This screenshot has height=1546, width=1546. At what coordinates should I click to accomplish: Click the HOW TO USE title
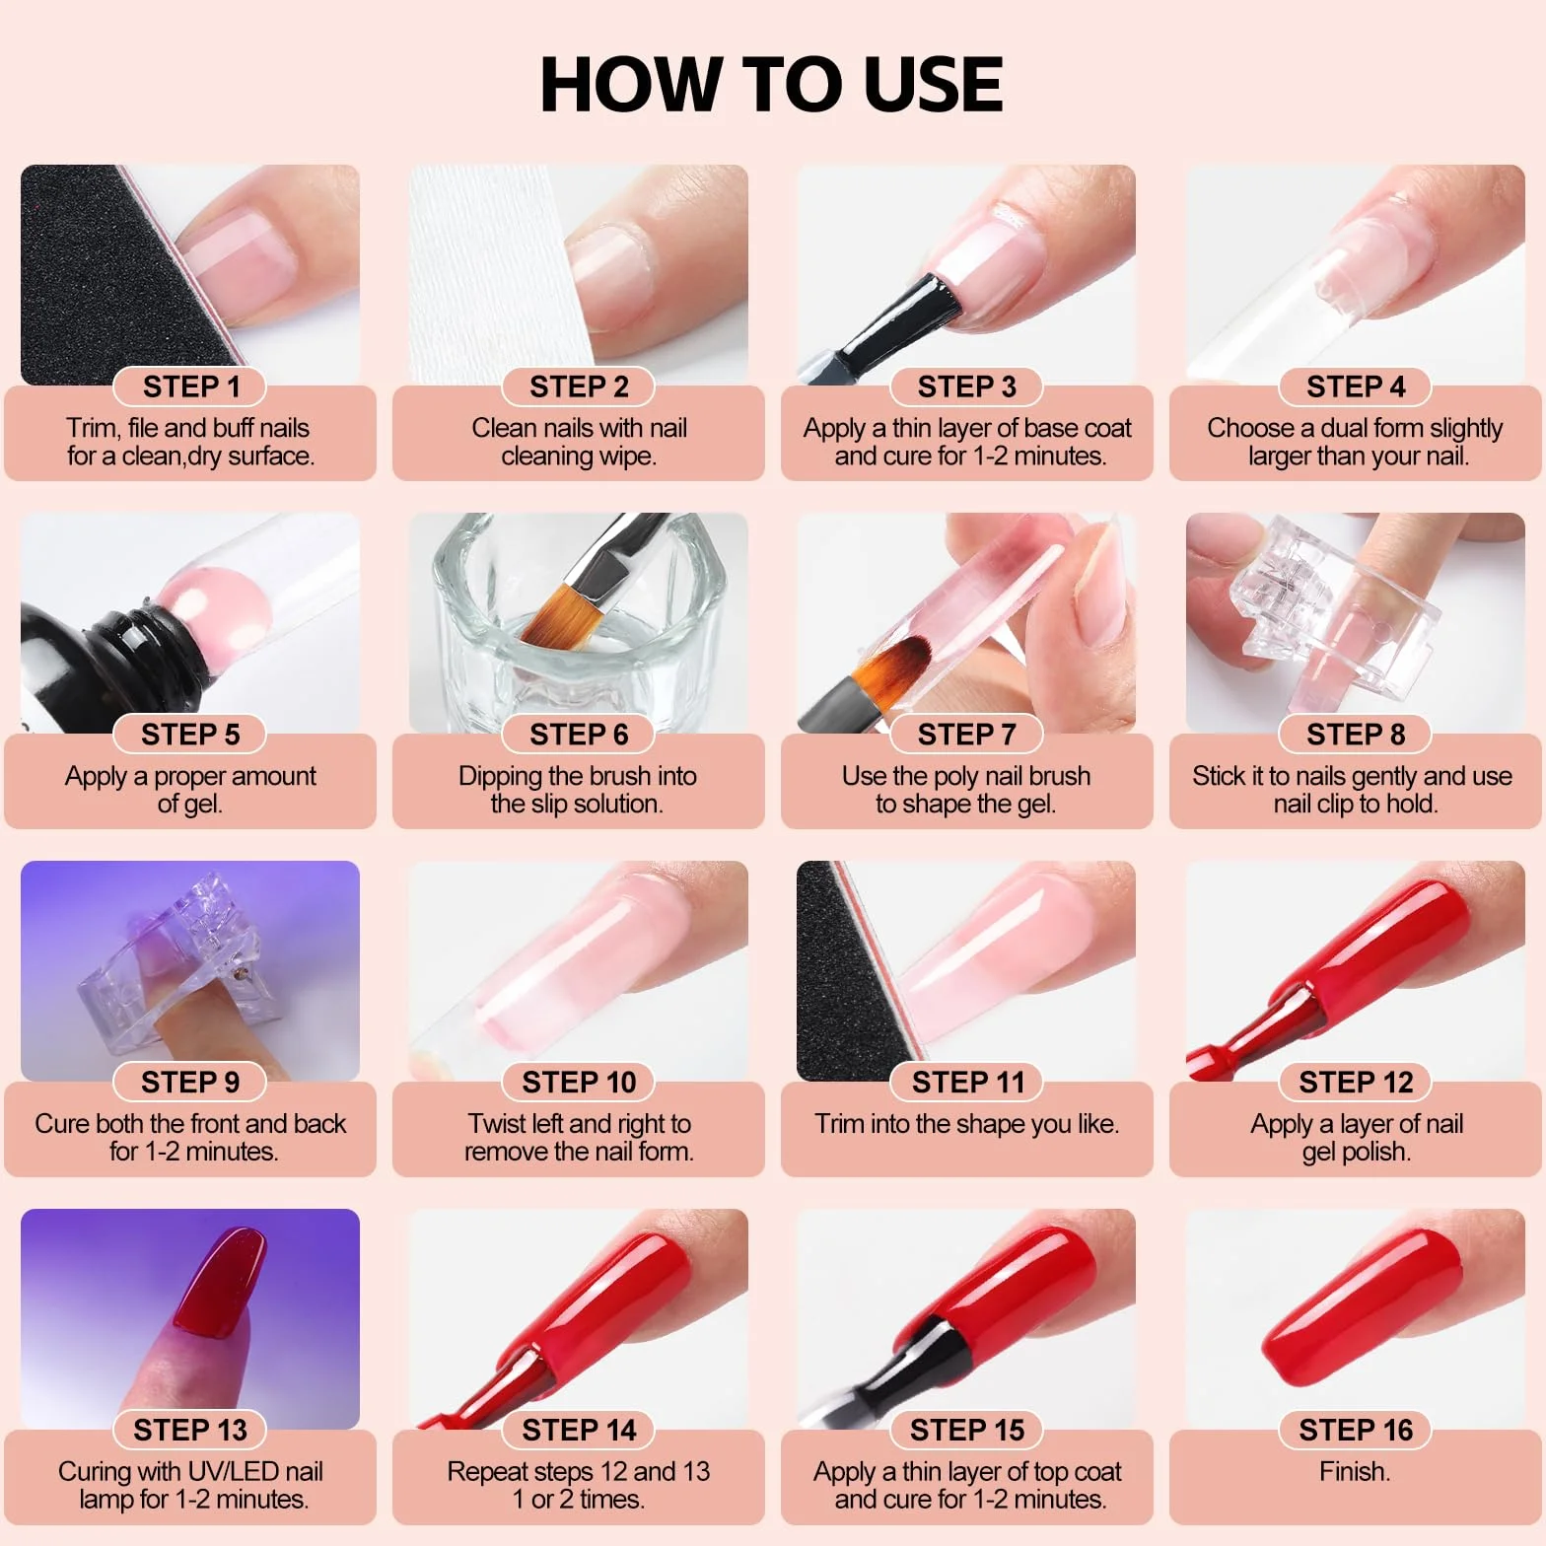771,84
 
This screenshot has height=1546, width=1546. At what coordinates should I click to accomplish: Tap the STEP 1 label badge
191,386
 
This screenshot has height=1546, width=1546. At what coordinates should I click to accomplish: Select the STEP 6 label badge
579,735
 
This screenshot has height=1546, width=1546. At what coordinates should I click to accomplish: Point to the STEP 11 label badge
967,1083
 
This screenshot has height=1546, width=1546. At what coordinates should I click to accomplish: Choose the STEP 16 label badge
1356,1430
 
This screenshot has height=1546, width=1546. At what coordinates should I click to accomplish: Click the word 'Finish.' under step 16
1355,1472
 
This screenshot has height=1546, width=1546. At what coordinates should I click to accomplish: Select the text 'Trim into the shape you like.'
966,1124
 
